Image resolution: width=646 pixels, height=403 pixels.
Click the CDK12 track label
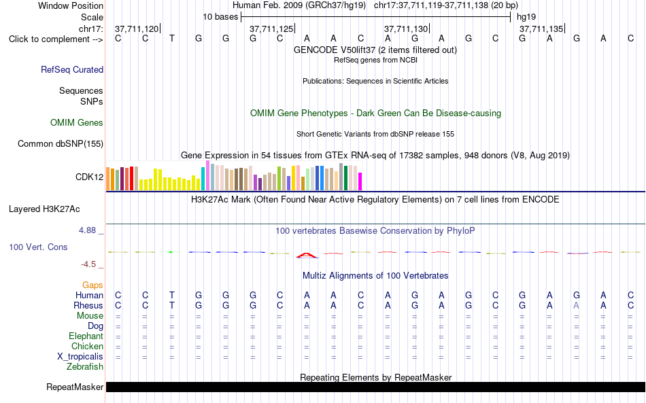89,177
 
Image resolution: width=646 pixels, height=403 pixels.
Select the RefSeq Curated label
72,69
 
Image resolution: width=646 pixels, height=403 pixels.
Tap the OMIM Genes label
77,123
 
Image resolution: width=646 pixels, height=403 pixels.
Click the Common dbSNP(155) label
61,143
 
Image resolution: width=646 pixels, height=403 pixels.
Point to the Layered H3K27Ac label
44,209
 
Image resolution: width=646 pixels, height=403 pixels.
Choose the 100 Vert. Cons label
38,247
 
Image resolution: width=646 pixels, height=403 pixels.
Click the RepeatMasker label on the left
75,387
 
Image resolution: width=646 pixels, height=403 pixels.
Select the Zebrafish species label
85,366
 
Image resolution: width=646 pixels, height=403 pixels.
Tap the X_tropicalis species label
80,357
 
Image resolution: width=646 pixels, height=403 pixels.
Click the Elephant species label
86,336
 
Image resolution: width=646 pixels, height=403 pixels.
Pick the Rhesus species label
88,305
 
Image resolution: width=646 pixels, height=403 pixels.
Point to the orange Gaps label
92,285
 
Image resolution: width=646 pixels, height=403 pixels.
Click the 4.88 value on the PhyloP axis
87,230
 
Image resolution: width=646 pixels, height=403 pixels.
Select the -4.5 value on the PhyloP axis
88,264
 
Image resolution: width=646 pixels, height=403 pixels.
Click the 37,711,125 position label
271,29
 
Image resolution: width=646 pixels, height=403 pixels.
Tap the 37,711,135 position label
541,29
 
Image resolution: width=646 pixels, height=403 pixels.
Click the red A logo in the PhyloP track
307,256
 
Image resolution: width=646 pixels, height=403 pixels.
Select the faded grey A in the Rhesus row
577,305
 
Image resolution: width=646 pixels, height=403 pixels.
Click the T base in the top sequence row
172,38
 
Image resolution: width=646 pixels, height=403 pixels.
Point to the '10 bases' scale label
220,17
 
